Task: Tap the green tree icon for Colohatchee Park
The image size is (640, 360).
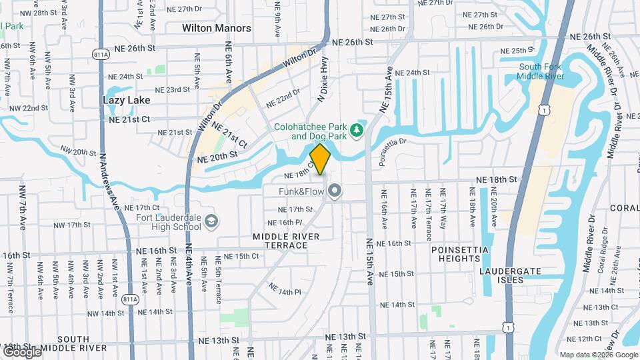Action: pos(357,129)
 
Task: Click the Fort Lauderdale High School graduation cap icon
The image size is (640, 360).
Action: pos(211,221)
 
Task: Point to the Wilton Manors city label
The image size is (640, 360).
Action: pos(217,28)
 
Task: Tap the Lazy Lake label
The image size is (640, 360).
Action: pos(127,100)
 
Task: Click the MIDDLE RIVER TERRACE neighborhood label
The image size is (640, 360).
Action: pos(286,241)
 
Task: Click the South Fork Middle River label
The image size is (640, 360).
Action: pos(542,71)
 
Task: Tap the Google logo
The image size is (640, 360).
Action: pos(21,351)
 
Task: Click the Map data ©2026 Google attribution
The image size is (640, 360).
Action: pos(599,355)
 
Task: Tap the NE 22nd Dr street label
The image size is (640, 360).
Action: pos(283,99)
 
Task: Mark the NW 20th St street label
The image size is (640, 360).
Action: pos(79,153)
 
